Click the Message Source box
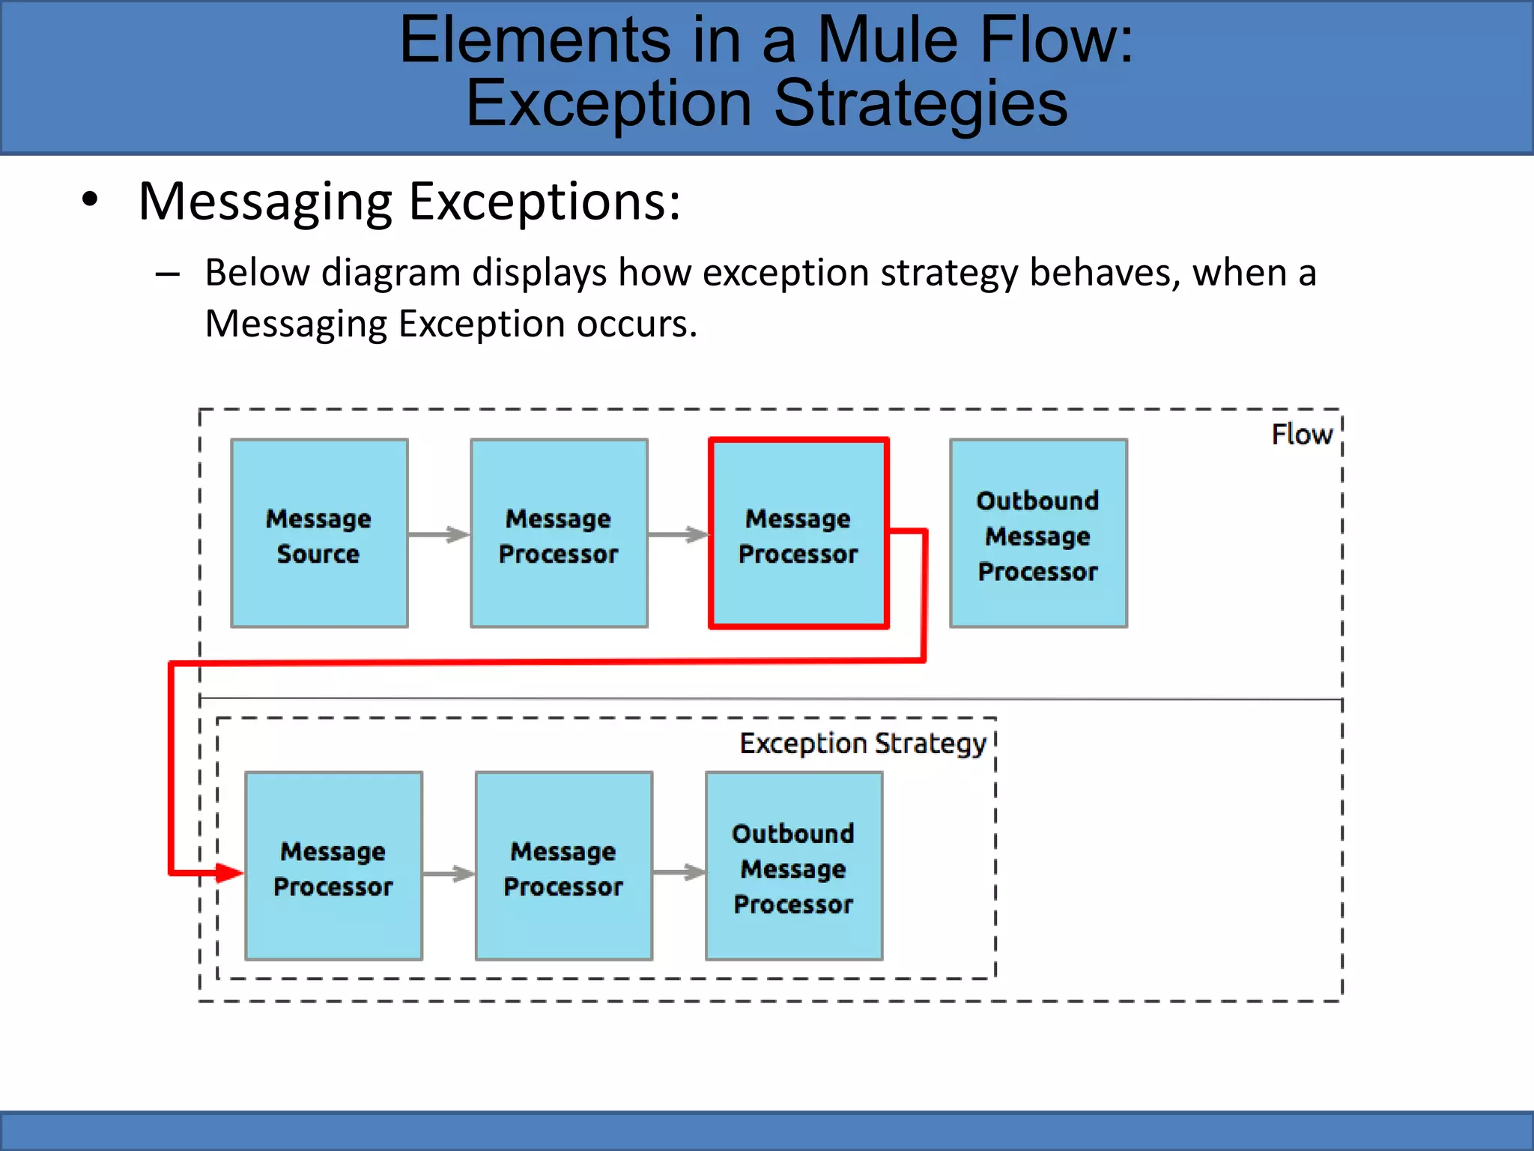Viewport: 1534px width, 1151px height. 319,534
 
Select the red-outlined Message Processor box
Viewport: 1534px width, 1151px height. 798,534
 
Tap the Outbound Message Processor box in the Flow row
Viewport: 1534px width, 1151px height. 1038,534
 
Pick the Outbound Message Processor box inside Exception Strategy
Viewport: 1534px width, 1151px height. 794,866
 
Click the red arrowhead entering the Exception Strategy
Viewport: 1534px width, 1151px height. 228,873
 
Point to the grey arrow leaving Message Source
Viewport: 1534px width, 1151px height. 439,534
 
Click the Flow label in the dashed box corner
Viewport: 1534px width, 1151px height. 1302,435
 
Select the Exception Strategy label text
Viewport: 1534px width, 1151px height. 863,743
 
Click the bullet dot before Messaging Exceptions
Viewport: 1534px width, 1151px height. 90,200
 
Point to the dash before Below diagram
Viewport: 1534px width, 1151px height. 167,274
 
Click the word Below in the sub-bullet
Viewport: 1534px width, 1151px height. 257,273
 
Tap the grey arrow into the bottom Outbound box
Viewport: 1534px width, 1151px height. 679,872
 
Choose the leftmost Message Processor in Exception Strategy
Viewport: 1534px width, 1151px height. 333,866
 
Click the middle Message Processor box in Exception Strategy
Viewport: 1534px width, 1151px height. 563,866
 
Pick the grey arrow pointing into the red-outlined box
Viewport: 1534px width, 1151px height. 678,534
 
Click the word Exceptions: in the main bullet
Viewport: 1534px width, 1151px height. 545,202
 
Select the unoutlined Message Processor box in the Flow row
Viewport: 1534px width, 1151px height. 559,534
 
